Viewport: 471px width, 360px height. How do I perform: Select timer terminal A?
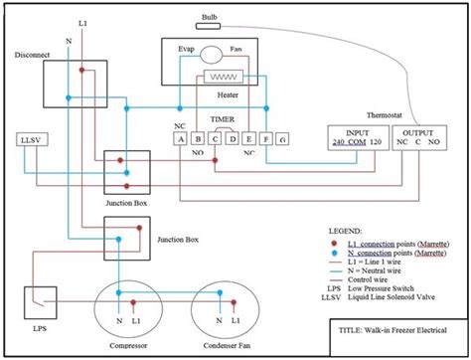click(x=182, y=139)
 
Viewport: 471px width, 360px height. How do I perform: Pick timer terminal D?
click(x=231, y=139)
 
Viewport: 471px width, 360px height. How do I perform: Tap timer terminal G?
click(x=282, y=139)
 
